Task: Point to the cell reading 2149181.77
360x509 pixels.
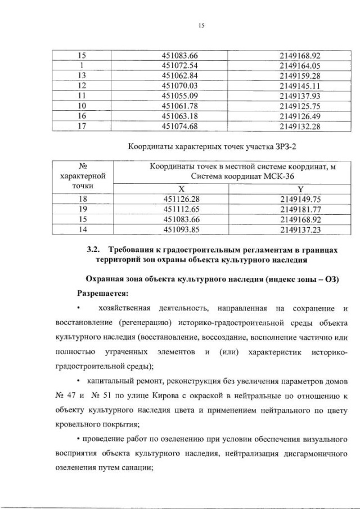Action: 300,209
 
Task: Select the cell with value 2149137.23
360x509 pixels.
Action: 300,229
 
